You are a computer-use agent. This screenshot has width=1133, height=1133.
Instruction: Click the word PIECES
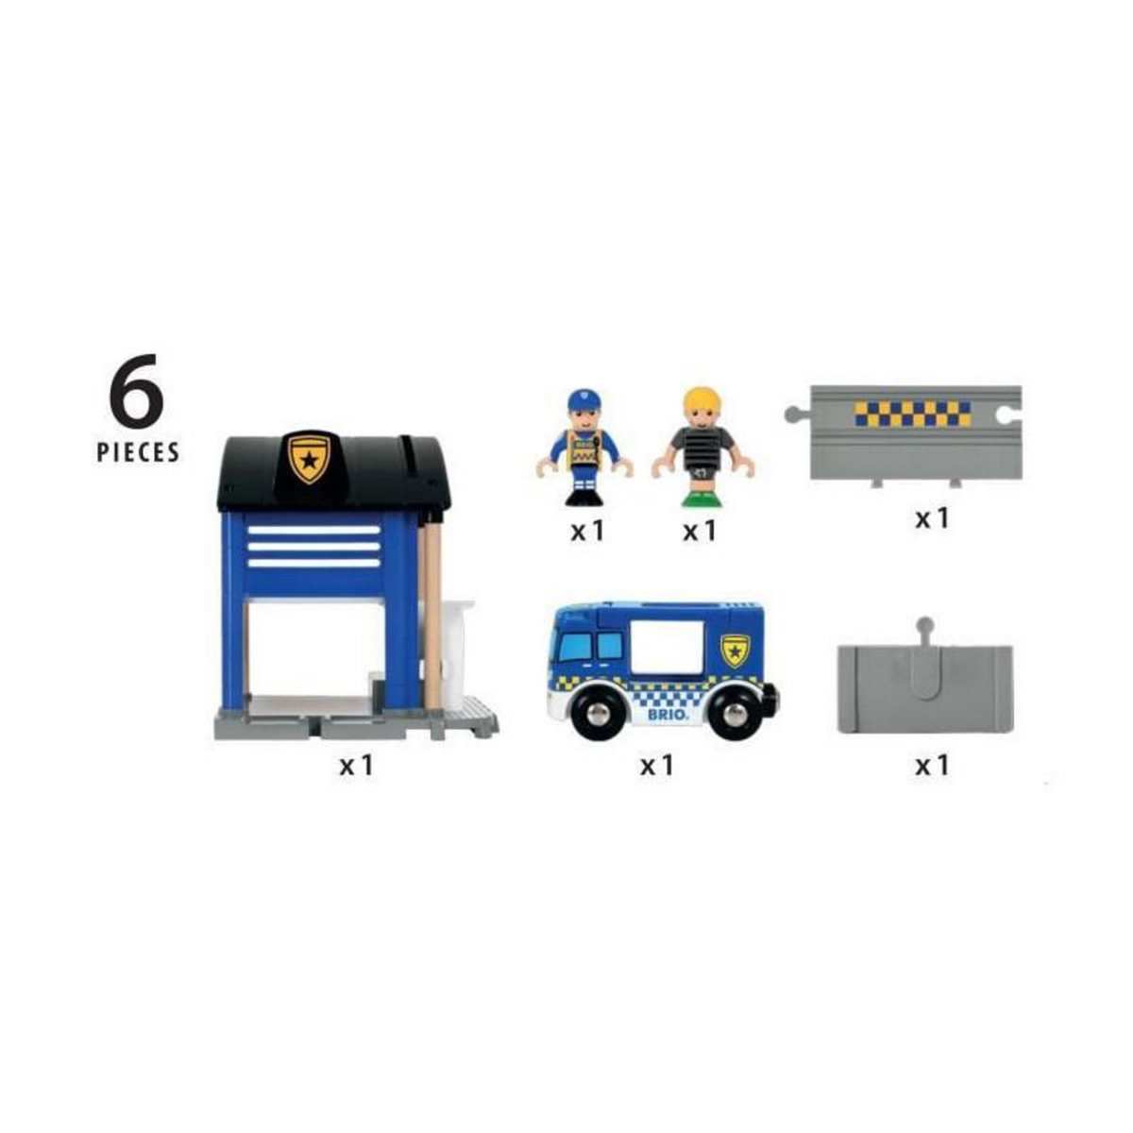(138, 452)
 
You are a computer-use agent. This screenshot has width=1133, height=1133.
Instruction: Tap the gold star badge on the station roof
(309, 458)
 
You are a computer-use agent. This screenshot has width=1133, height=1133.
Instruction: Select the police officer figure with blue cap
(585, 448)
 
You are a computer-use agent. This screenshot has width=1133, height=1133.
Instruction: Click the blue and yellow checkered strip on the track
(911, 413)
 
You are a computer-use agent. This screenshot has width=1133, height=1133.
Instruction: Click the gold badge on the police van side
(735, 650)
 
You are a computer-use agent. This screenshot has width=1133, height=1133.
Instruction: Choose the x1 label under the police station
(357, 765)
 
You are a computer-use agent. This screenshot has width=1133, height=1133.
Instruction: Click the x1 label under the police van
(657, 765)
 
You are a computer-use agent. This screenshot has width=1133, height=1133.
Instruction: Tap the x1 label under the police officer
(586, 532)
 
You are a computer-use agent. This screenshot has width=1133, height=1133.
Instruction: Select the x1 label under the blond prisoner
(700, 532)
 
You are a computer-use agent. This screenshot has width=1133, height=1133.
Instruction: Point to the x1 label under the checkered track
(931, 518)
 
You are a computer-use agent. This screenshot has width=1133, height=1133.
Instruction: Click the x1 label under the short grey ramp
(931, 765)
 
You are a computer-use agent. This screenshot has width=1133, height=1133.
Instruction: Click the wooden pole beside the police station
(432, 614)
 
